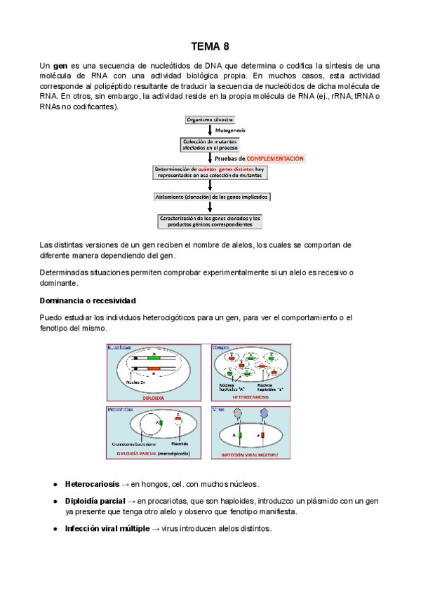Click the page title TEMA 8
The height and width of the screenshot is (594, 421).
click(210, 47)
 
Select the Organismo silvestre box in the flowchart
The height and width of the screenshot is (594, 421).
click(210, 120)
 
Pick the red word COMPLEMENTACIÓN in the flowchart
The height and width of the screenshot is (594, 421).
click(270, 159)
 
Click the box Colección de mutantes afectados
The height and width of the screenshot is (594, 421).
click(210, 145)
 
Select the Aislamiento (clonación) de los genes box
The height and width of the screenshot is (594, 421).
click(210, 197)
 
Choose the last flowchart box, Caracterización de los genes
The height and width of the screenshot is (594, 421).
click(210, 221)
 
